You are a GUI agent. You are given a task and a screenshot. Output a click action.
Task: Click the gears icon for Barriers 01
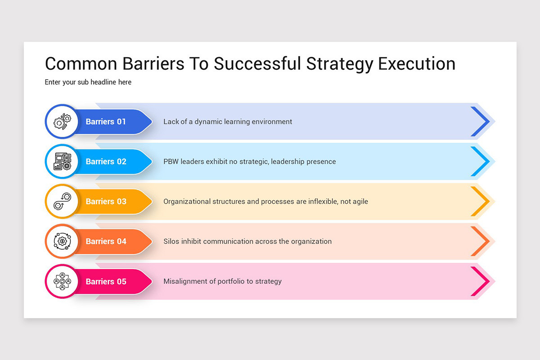click(x=62, y=121)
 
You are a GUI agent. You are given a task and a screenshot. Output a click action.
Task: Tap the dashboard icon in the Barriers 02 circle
click(x=62, y=161)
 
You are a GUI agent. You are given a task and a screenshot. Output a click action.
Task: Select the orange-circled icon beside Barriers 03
click(x=62, y=201)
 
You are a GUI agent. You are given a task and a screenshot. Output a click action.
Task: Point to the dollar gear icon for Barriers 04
click(x=62, y=241)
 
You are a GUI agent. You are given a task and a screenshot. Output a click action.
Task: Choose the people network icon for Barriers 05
click(x=62, y=281)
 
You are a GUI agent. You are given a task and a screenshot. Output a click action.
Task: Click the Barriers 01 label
click(x=106, y=121)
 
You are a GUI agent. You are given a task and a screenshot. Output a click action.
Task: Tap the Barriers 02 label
click(x=106, y=161)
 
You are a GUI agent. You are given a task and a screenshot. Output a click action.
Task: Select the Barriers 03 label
click(x=106, y=201)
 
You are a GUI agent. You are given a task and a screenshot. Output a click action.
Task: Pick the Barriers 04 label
click(x=106, y=241)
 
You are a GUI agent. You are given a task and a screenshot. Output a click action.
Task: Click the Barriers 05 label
click(x=106, y=281)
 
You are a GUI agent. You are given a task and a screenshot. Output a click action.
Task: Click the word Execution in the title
click(x=417, y=63)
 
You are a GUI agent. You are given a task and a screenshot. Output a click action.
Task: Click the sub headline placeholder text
click(x=88, y=82)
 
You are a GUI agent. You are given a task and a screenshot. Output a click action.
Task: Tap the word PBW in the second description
click(x=171, y=161)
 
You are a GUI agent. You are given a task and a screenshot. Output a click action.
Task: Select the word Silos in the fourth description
click(x=171, y=241)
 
